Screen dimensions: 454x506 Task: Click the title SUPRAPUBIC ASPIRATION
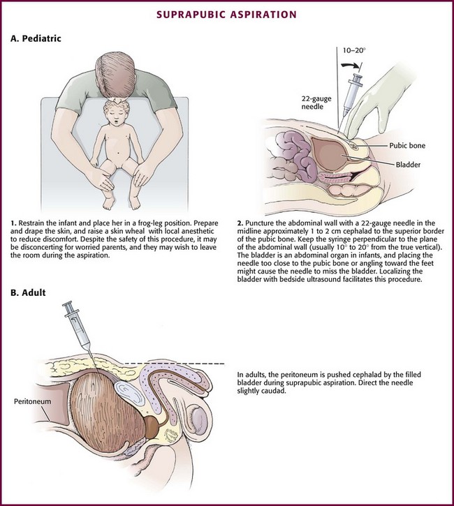click(226, 15)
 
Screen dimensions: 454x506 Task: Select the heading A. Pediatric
click(36, 38)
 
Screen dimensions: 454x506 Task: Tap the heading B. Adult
click(28, 292)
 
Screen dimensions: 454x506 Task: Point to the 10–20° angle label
click(354, 50)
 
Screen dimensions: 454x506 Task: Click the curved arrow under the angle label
click(351, 65)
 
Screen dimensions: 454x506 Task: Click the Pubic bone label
click(407, 146)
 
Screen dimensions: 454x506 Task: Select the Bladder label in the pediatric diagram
click(408, 165)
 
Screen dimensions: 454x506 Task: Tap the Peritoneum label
click(32, 401)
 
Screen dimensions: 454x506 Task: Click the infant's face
click(117, 115)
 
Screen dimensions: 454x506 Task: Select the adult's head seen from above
click(115, 77)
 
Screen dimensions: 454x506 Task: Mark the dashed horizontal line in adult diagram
click(175, 364)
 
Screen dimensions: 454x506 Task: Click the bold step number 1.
click(13, 223)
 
